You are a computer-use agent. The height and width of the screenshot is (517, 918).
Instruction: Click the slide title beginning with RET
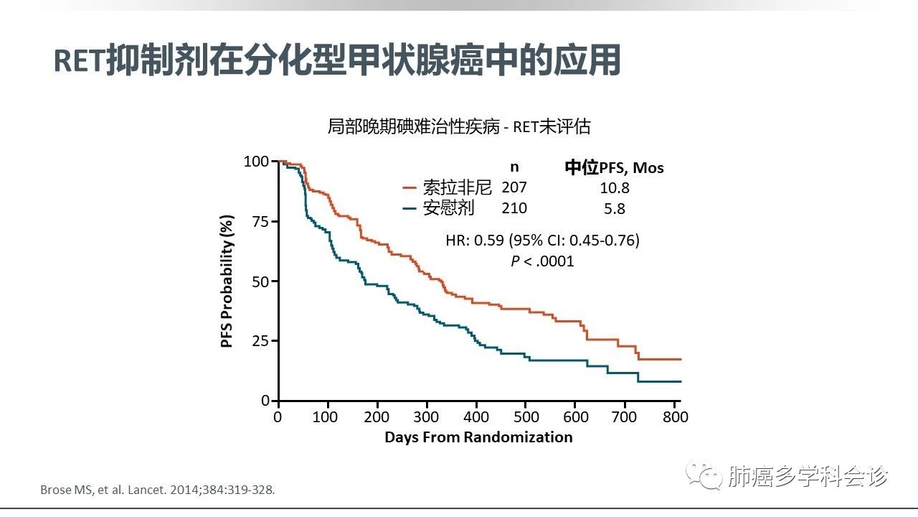click(337, 62)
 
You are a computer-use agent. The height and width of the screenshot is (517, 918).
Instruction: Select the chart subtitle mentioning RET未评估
click(459, 127)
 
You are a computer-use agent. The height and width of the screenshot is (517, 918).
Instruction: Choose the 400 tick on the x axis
click(476, 417)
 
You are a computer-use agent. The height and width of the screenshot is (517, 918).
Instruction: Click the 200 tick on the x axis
click(377, 417)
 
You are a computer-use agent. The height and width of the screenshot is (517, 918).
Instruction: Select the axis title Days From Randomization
click(478, 437)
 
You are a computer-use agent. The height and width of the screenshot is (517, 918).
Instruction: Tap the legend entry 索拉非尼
click(457, 188)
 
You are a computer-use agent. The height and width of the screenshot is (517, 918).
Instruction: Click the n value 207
click(514, 187)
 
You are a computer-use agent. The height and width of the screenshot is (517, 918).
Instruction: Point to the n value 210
click(514, 208)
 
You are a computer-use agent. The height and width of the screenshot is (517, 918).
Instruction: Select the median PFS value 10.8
click(615, 188)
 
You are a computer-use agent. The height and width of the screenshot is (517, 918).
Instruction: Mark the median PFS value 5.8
click(615, 209)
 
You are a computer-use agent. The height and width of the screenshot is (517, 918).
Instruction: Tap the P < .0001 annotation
click(542, 261)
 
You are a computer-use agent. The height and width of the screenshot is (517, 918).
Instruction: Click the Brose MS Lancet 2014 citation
click(157, 490)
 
